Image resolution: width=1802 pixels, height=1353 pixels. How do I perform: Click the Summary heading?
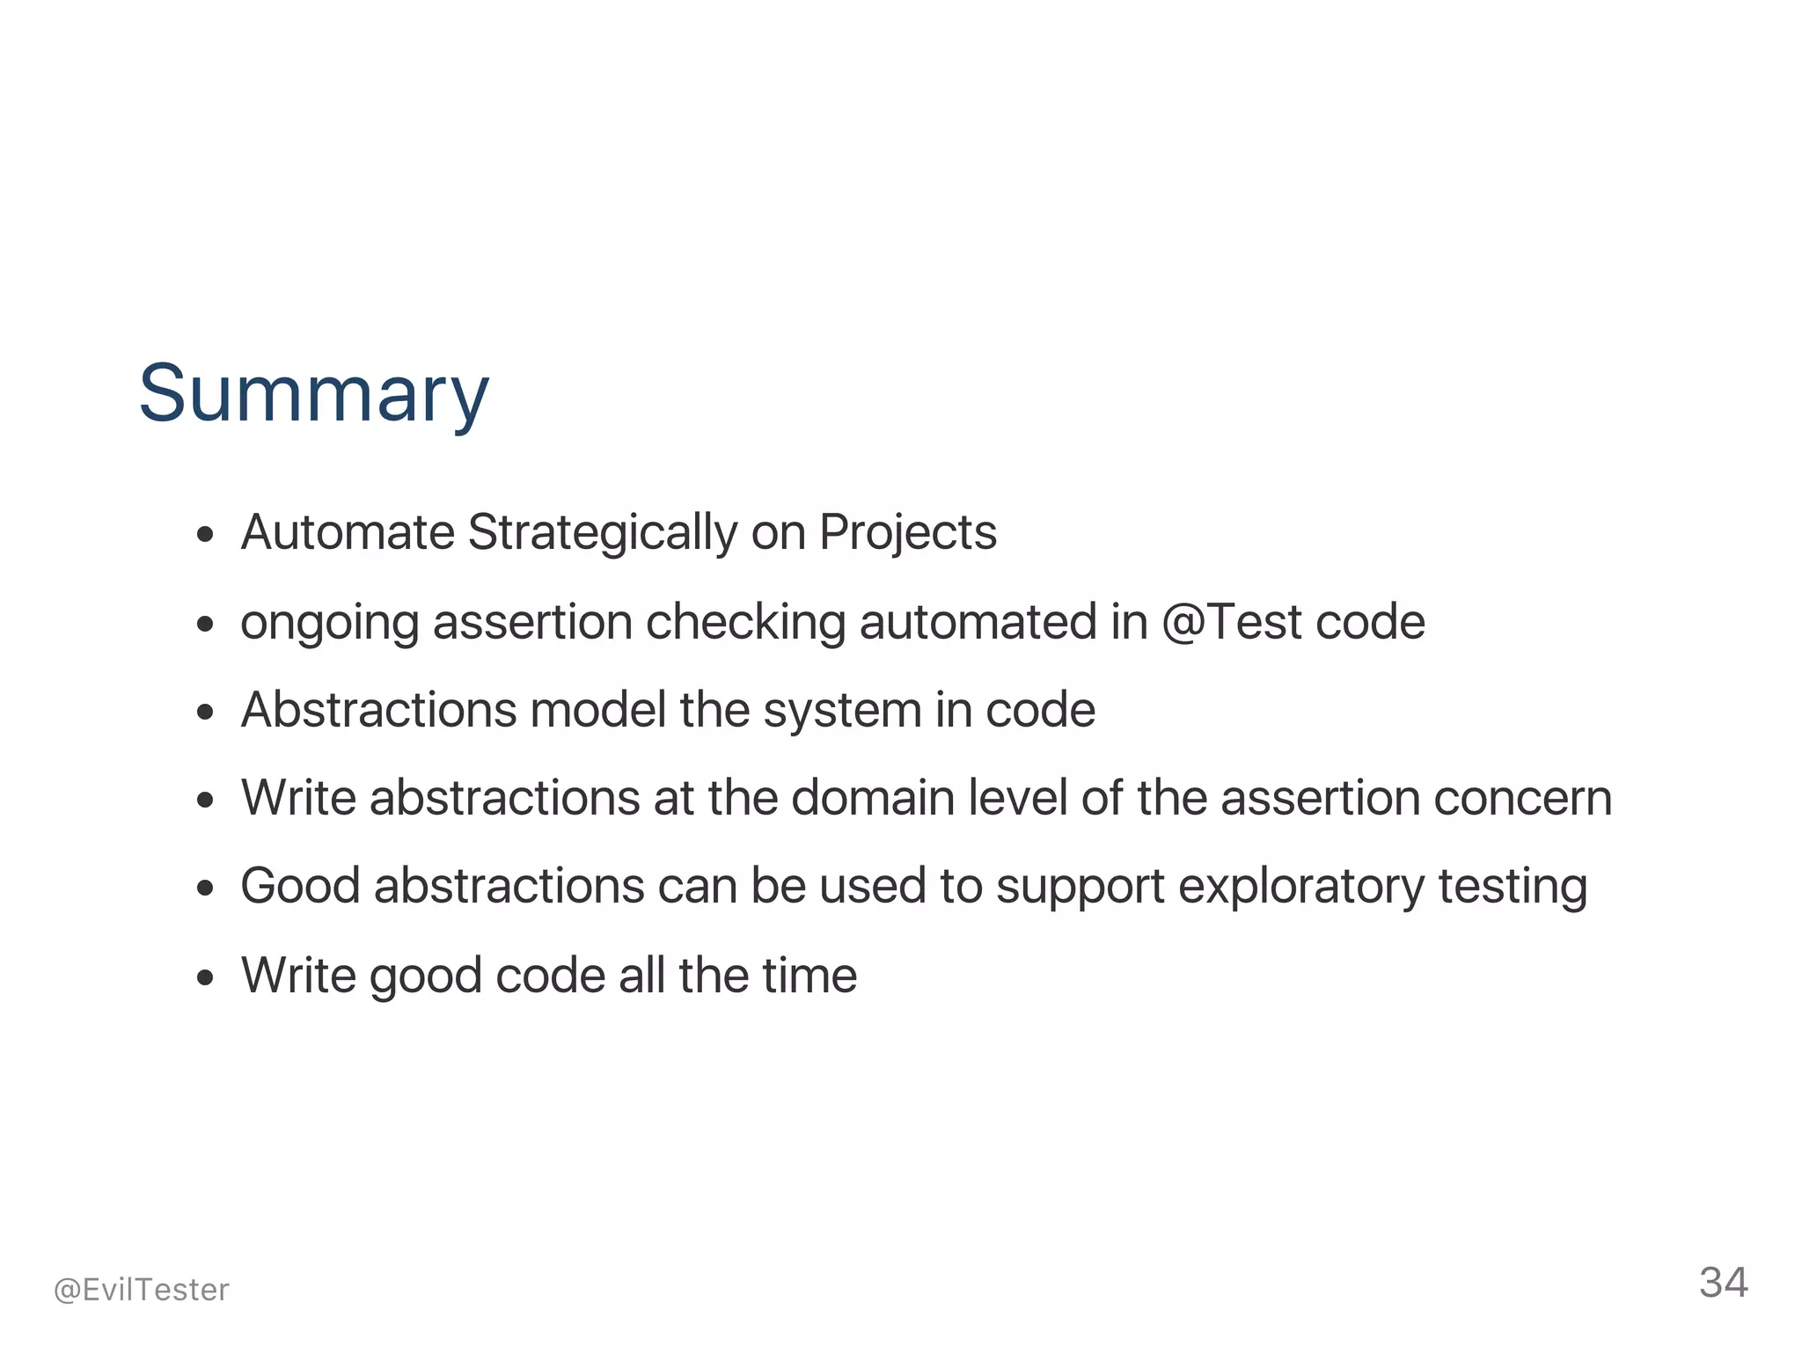313,393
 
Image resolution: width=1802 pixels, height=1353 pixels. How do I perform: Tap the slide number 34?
1723,1283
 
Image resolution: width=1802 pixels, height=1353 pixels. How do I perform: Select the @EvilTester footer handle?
142,1290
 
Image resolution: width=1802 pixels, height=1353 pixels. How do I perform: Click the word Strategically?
603,533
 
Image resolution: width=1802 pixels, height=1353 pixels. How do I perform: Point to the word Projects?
908,533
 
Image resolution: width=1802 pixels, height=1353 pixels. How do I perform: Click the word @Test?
1232,622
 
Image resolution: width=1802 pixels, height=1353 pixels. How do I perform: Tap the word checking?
745,623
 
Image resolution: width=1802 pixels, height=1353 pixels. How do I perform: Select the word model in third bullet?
598,710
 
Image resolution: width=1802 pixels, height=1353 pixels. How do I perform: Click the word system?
842,712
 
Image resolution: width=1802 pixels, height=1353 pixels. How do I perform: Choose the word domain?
873,798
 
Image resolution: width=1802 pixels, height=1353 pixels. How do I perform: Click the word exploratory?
1301,887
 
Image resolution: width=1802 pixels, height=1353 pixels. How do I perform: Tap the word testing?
1513,887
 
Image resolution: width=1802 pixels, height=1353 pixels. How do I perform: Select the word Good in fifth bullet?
300,886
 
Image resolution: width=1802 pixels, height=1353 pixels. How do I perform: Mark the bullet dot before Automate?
206,535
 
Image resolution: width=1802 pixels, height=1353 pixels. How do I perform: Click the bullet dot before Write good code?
206,976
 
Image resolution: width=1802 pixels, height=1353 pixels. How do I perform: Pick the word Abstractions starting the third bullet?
379,710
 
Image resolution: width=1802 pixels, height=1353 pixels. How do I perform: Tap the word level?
1018,798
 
